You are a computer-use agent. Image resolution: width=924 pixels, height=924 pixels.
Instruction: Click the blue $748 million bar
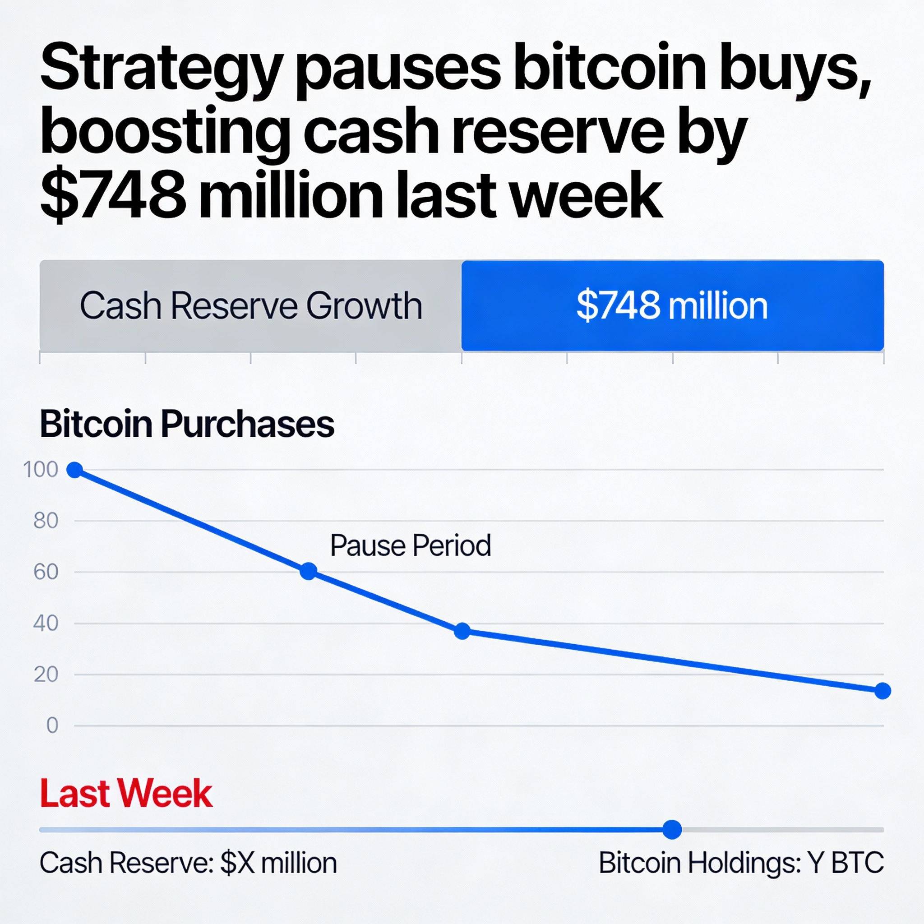pyautogui.click(x=672, y=305)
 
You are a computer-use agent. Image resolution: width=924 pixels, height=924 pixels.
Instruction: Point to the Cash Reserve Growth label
pyautogui.click(x=250, y=305)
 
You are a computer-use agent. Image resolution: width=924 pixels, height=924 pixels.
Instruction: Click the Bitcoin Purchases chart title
pyautogui.click(x=186, y=424)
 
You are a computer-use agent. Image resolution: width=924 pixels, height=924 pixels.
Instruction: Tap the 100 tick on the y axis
pyautogui.click(x=41, y=470)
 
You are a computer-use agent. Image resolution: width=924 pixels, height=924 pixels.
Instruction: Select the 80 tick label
pyautogui.click(x=46, y=521)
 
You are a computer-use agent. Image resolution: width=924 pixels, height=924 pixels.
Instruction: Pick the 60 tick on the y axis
pyautogui.click(x=46, y=572)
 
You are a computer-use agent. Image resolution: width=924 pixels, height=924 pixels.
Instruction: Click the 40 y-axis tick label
pyautogui.click(x=46, y=623)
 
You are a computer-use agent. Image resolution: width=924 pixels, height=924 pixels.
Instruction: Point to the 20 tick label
pyautogui.click(x=46, y=675)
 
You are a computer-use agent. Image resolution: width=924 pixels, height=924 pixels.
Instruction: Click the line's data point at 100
pyautogui.click(x=74, y=470)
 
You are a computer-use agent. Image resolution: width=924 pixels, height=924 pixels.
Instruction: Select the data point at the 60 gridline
pyautogui.click(x=309, y=571)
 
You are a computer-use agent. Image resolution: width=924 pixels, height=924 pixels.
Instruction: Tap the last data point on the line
pyautogui.click(x=882, y=691)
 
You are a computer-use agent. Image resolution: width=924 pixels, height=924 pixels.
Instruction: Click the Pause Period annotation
pyautogui.click(x=411, y=545)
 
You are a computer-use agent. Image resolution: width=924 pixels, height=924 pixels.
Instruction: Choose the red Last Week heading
pyautogui.click(x=126, y=794)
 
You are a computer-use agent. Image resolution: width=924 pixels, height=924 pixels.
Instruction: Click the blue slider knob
pyautogui.click(x=672, y=830)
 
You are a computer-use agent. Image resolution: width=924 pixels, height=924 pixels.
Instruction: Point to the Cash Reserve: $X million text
pyautogui.click(x=188, y=863)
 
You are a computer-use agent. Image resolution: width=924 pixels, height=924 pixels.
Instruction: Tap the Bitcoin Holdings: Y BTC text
pyautogui.click(x=741, y=863)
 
